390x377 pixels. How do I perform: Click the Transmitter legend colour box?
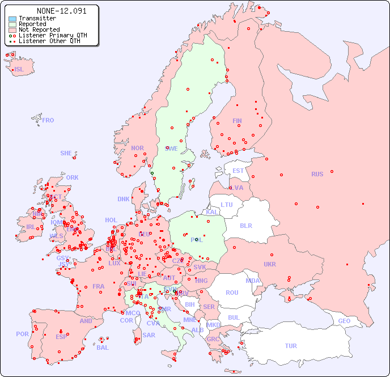click(12, 18)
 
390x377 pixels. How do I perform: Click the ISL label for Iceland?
click(19, 70)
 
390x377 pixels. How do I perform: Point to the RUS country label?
click(317, 174)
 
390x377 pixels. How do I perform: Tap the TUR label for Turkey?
click(291, 346)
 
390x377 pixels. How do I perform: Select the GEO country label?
click(344, 321)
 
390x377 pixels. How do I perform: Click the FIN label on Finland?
click(237, 121)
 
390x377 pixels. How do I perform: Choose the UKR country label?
click(270, 264)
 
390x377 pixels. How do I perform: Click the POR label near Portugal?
click(22, 334)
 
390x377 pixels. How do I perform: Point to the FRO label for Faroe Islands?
click(48, 120)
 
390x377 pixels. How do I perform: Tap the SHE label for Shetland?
click(66, 153)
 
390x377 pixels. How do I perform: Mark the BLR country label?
click(245, 225)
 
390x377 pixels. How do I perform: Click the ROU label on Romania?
click(232, 293)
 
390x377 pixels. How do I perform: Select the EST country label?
click(238, 171)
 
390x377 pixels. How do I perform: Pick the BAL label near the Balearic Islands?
click(103, 348)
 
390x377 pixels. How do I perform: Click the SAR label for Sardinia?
click(149, 335)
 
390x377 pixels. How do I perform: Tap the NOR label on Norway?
click(137, 148)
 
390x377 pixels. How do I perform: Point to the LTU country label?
click(227, 205)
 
